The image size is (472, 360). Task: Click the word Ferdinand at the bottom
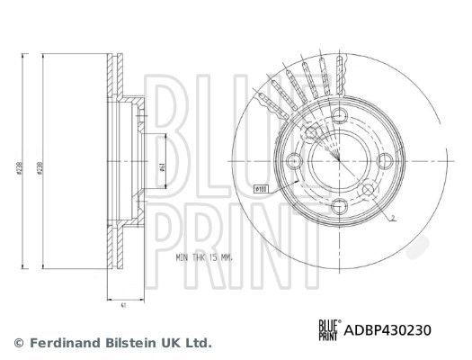(60, 343)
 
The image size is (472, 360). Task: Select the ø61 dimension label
(161, 163)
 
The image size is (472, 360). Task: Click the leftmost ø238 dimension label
(17, 166)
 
